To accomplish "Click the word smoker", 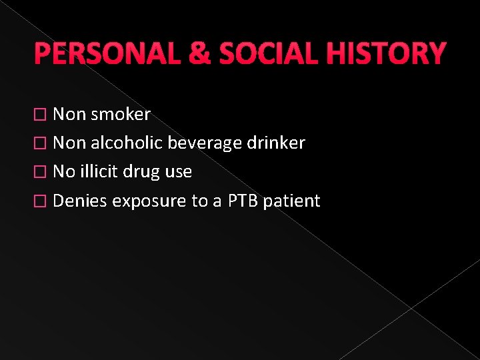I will [121, 115].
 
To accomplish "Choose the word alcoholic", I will [127, 143].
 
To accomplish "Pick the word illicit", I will [99, 172].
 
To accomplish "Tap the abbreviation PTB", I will [243, 201].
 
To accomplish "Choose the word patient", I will [292, 201].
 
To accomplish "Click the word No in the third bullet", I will [63, 172].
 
